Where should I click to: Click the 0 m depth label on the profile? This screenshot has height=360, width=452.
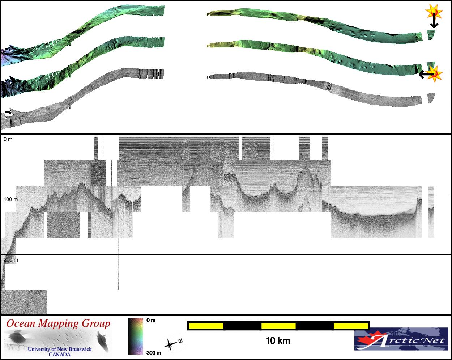pos(8,139)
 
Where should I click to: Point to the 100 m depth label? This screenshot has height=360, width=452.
pos(11,199)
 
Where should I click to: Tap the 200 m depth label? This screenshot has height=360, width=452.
pos(11,260)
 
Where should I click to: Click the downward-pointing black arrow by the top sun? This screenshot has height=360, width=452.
pos(434,20)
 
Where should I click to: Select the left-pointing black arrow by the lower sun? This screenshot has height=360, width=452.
pos(427,75)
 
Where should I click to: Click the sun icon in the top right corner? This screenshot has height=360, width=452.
pos(434,12)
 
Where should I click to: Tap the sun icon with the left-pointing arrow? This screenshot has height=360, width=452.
pos(435,74)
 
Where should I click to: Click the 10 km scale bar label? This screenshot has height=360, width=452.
pos(278,341)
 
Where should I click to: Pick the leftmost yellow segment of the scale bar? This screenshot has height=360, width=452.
pos(206,326)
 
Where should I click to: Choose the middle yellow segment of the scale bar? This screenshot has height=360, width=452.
pos(278,326)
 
